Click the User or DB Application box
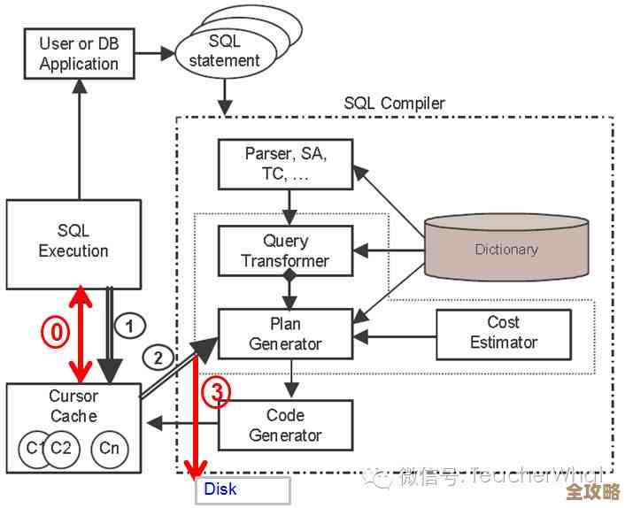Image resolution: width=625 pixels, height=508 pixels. click(x=79, y=53)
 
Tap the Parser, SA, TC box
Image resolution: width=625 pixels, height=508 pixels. click(x=285, y=163)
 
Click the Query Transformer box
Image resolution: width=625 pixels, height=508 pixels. click(x=285, y=250)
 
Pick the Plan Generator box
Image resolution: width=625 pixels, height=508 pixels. click(x=285, y=334)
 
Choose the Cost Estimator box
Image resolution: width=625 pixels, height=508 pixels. click(x=503, y=333)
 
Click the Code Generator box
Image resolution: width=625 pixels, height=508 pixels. click(x=285, y=425)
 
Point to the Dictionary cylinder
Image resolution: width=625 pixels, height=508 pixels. click(x=505, y=249)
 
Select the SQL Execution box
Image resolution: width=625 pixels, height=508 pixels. click(x=73, y=241)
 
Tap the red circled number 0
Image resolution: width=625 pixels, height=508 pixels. click(x=56, y=331)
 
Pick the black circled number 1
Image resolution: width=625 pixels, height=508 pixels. click(x=129, y=326)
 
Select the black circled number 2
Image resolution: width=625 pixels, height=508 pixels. click(x=158, y=358)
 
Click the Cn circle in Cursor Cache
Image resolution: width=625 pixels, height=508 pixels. click(x=110, y=448)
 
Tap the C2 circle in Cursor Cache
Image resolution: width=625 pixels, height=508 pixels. click(x=60, y=448)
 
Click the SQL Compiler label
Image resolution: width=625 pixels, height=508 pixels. click(x=395, y=104)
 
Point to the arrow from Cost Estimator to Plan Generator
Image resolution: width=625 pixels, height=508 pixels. click(x=398, y=336)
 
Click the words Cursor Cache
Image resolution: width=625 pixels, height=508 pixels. click(x=73, y=406)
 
